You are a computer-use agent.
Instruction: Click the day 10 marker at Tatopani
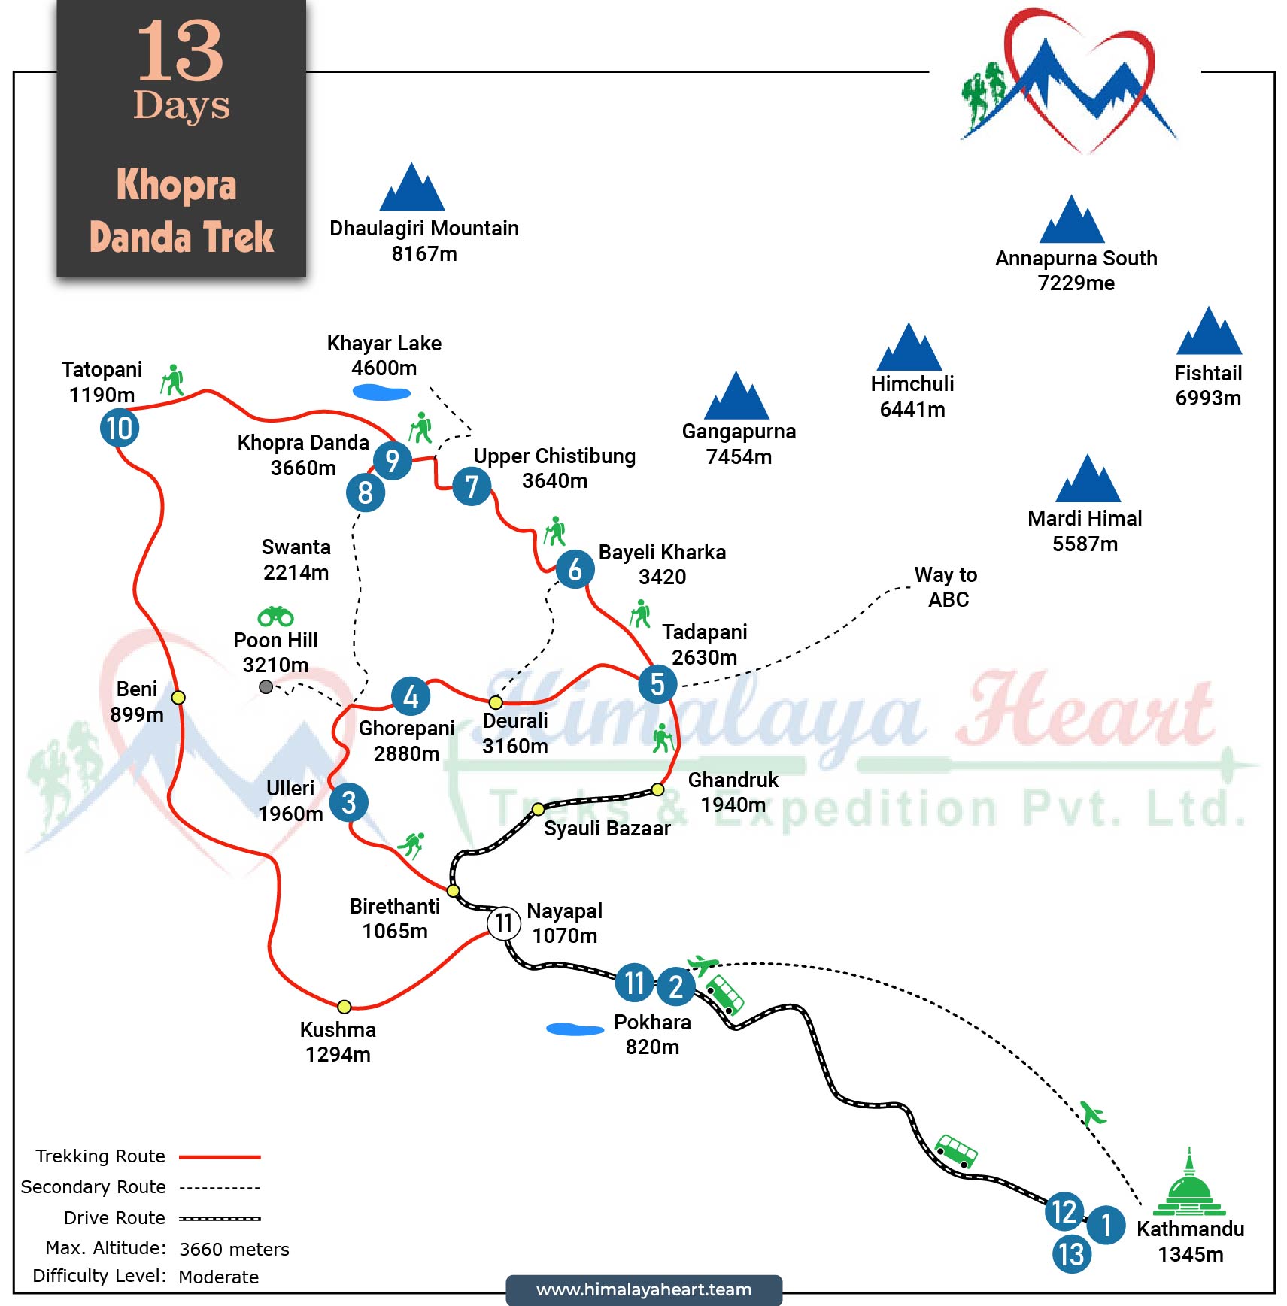click(119, 428)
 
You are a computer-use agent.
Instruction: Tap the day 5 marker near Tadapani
click(657, 684)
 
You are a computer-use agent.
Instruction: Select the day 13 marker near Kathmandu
click(1071, 1254)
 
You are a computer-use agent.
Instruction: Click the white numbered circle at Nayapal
click(503, 923)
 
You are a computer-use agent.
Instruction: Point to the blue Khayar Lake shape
click(381, 392)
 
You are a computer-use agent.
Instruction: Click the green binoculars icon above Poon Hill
click(275, 617)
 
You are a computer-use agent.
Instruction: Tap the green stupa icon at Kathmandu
click(1189, 1185)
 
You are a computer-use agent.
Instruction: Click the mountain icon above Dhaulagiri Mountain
click(411, 188)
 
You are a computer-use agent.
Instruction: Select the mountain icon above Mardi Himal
click(1088, 480)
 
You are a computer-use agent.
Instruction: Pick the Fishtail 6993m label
click(1208, 385)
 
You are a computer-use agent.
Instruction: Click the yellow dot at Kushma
click(344, 1007)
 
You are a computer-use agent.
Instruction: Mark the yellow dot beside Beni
click(178, 697)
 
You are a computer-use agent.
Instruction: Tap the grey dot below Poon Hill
click(266, 686)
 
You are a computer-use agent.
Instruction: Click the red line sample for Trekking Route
click(220, 1157)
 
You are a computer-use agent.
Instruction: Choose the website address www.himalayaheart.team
click(644, 1289)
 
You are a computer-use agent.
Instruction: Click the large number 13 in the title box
click(180, 51)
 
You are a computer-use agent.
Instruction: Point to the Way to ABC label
click(946, 587)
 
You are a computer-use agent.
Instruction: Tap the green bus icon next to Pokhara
click(725, 994)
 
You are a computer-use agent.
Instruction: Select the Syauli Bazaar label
click(606, 828)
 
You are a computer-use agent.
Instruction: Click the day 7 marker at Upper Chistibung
click(472, 486)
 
